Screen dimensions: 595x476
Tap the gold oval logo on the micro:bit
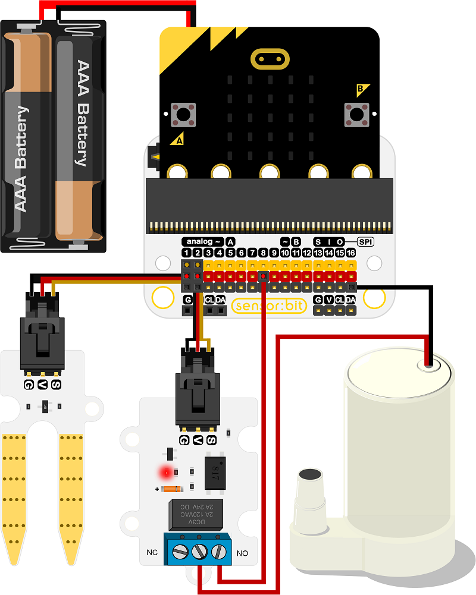tap(270, 59)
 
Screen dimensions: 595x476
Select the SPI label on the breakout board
tap(365, 241)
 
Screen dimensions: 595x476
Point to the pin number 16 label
tap(351, 253)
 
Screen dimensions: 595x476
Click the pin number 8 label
tap(263, 253)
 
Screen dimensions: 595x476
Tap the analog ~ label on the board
tap(202, 241)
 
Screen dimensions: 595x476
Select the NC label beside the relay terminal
tap(152, 552)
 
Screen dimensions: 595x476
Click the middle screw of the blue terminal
tap(200, 550)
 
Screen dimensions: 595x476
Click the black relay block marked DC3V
tap(196, 515)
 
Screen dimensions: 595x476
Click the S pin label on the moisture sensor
tap(57, 385)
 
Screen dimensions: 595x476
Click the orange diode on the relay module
tap(171, 489)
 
